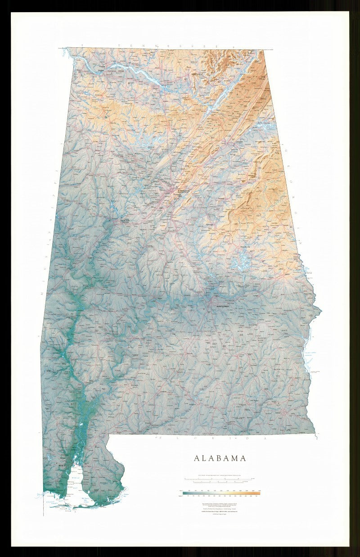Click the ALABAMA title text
tap(220, 458)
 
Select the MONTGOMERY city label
tap(220, 306)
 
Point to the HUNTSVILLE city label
tap(198, 73)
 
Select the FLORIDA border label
tap(211, 438)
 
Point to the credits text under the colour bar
tap(220, 508)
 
